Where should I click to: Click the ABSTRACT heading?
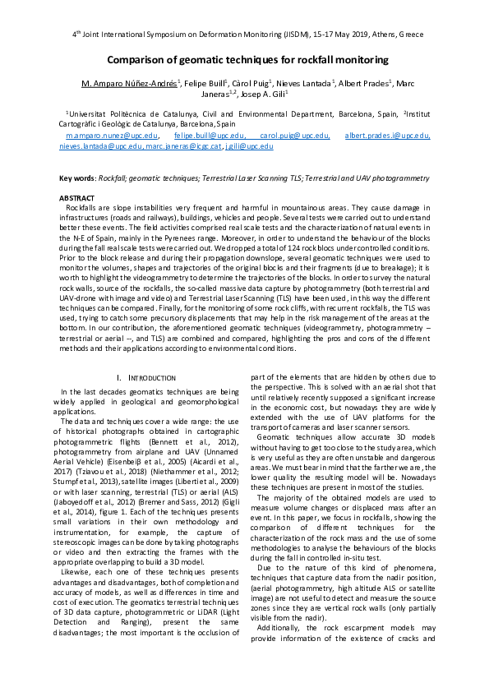tap(76, 198)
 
